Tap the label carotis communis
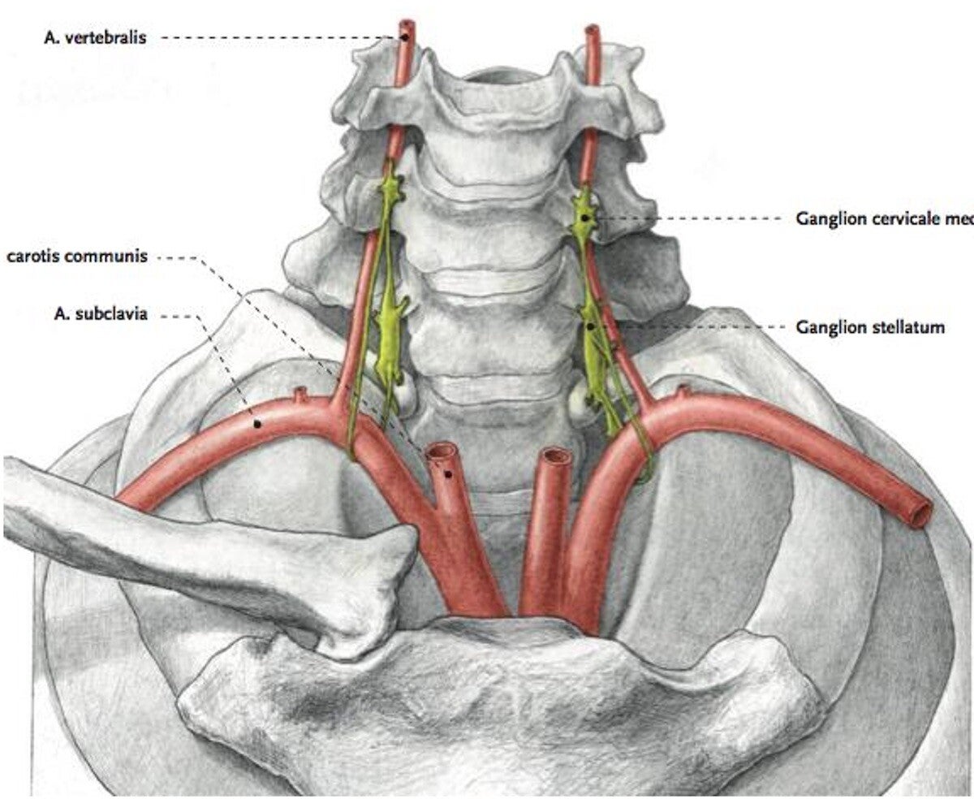76,257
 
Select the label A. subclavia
101,315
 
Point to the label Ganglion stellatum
870,328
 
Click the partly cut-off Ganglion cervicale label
884,218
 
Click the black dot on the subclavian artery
257,423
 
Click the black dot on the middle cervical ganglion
584,218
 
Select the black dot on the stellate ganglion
591,326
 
